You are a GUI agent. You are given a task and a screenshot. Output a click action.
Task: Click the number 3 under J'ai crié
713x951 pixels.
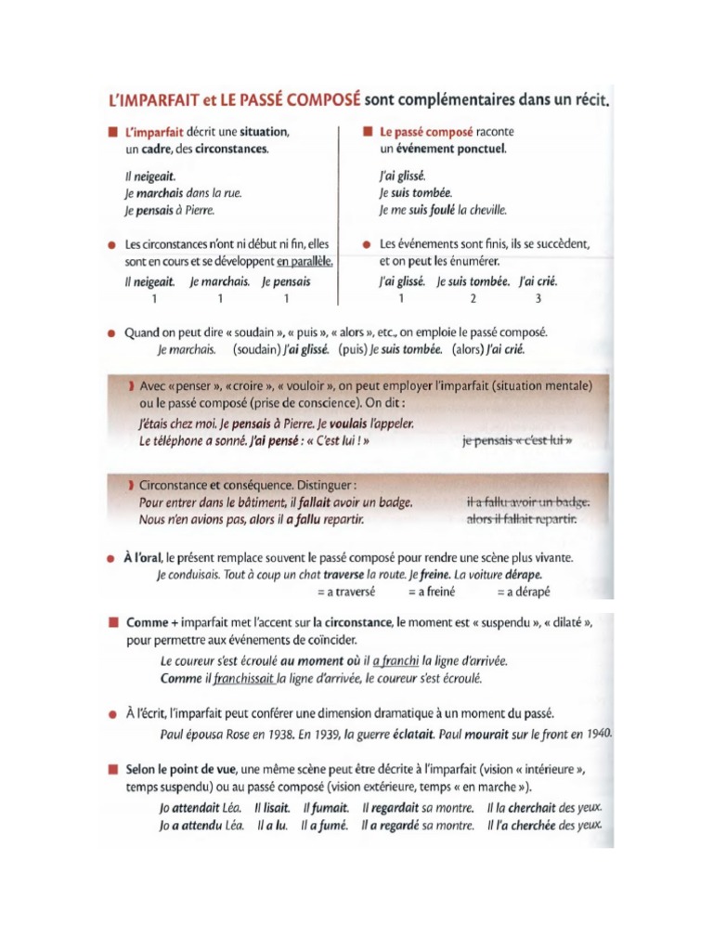[x=538, y=298]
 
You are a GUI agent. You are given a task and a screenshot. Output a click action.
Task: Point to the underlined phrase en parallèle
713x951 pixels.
[x=304, y=261]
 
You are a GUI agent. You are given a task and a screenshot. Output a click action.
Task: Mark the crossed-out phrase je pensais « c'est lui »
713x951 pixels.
[x=516, y=441]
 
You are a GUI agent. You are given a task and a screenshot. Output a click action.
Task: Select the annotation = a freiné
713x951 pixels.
[x=431, y=590]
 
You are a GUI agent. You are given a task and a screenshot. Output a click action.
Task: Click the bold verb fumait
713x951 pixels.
[x=326, y=808]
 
